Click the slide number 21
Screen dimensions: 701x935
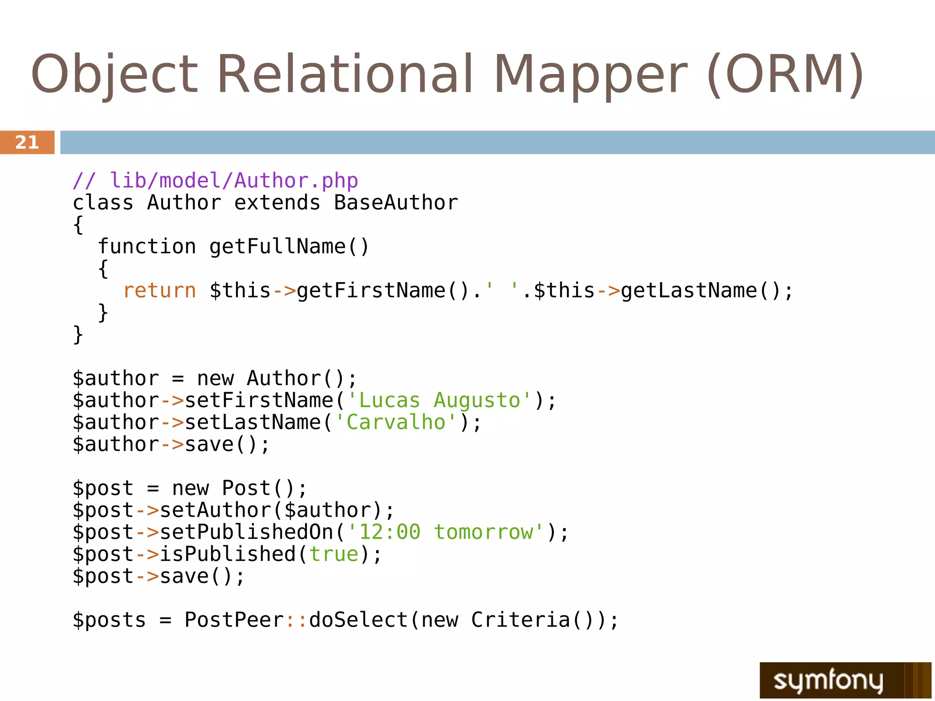click(27, 142)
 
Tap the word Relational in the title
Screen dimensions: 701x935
click(345, 74)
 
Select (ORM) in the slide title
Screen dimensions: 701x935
click(785, 74)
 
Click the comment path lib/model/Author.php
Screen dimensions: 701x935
click(234, 181)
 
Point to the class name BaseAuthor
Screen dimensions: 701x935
click(396, 203)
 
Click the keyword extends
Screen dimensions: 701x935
click(277, 203)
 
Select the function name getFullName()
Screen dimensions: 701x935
click(289, 246)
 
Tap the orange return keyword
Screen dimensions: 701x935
click(159, 291)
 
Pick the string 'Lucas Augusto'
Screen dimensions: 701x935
click(439, 401)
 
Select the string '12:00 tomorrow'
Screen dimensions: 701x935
click(446, 532)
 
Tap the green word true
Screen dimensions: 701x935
click(334, 555)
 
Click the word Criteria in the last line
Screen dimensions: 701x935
click(520, 620)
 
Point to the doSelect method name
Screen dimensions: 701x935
click(358, 620)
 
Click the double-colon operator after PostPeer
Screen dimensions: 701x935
click(296, 620)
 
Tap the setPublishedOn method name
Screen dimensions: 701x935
click(247, 532)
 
